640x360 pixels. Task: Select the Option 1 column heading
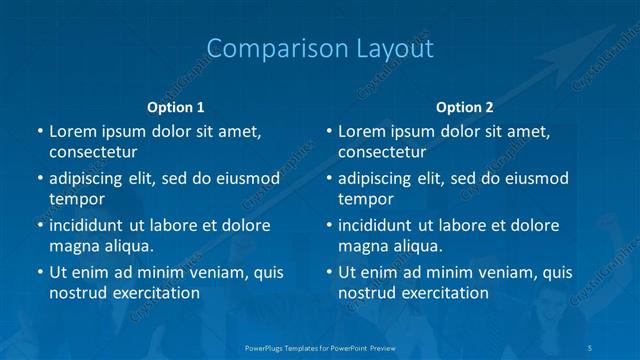point(176,107)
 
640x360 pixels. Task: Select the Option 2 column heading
point(465,107)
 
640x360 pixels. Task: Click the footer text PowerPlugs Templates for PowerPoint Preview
point(320,346)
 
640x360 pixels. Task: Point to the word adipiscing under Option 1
point(95,179)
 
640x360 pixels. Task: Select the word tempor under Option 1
point(76,199)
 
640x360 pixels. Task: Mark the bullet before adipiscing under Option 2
point(328,179)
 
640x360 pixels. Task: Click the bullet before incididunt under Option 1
point(39,225)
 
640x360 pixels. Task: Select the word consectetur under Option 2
point(382,152)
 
